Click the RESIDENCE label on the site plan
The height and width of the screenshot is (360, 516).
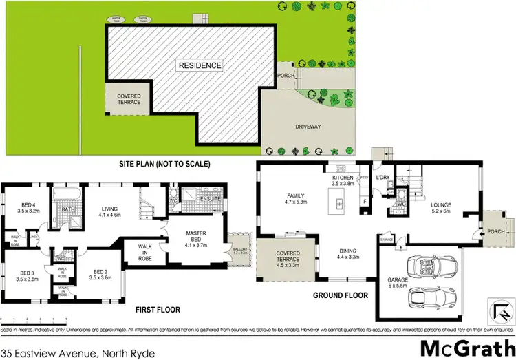coord(200,66)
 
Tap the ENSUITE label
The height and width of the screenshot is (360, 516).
coord(211,200)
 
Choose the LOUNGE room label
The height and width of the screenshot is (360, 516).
coord(440,205)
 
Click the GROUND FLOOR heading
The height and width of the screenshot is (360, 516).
coord(341,295)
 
